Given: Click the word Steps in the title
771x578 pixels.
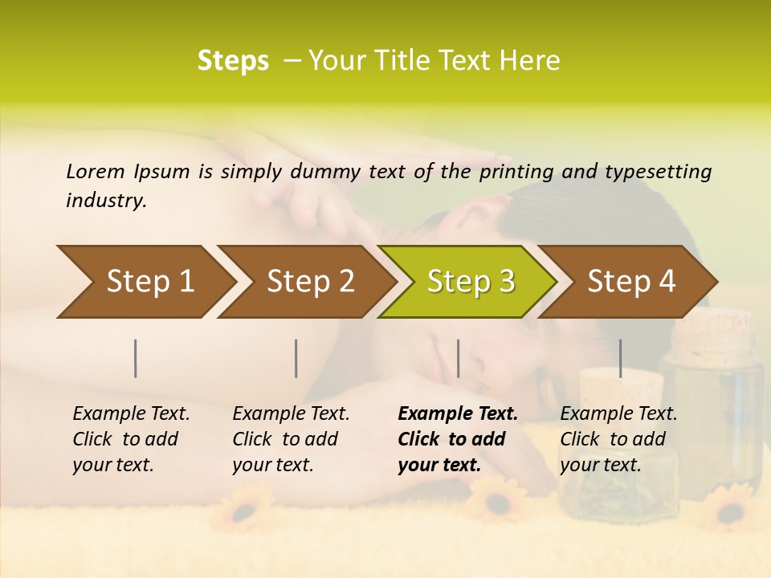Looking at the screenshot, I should point(233,61).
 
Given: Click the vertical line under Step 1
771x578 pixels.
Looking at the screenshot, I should point(136,358).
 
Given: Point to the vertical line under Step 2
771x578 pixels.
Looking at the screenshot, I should point(296,358).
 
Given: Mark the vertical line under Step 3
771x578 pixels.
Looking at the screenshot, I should point(459,358).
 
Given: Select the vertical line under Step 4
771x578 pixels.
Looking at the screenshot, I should point(621,358).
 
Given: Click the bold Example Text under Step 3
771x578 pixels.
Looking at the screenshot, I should point(457,439).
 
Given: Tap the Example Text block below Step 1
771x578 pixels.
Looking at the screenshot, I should point(131,439).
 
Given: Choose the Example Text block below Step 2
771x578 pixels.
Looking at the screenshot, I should point(291,439).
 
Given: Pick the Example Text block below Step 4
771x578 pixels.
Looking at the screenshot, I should point(618,439).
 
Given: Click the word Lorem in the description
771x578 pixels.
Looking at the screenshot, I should point(95,171).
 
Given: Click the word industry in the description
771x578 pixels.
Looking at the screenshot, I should point(106,201).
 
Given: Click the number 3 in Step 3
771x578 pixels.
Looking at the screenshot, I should point(505,282).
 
